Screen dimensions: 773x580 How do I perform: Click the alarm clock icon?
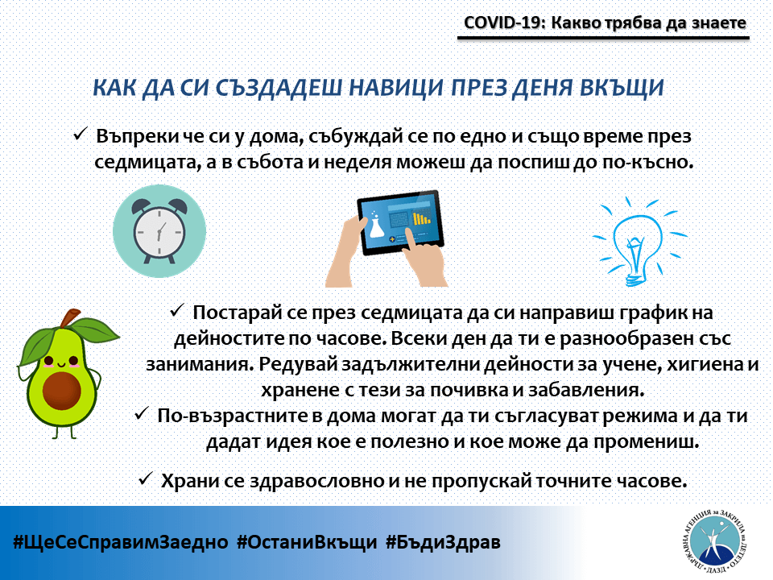coord(159,231)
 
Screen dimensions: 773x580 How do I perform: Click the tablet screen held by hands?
coord(400,222)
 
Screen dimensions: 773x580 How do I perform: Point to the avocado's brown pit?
coord(62,391)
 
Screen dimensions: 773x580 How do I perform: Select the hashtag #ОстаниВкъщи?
coord(307,541)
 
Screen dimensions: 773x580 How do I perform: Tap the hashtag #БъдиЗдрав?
coord(443,541)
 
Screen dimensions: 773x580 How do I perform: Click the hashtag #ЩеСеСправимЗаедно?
coord(120,541)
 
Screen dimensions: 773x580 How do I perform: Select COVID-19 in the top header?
coord(502,23)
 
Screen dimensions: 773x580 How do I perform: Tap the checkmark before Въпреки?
coord(81,134)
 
